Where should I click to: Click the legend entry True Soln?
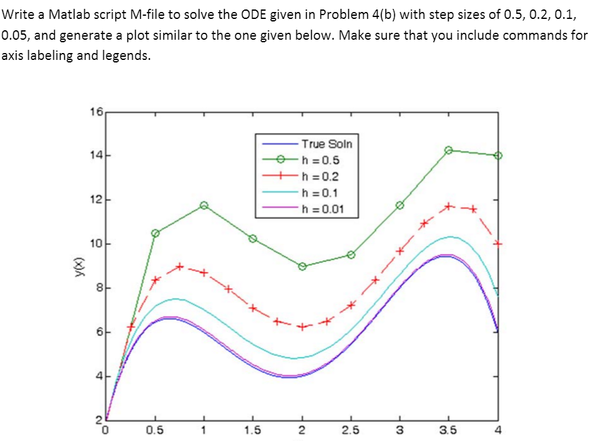pos(321,144)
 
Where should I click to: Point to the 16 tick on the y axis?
pos(97,113)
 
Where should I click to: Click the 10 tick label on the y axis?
pos(95,244)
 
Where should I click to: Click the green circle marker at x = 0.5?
pos(155,233)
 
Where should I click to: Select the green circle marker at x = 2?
pos(302,266)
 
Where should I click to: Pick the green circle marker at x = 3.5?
pos(449,150)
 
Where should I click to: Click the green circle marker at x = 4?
pos(498,155)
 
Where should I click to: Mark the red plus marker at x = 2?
pos(302,327)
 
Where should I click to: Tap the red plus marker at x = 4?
pos(498,244)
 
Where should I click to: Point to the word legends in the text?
pos(128,56)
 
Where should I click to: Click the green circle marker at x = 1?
pos(204,206)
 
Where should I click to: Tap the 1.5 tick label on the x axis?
pos(253,432)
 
